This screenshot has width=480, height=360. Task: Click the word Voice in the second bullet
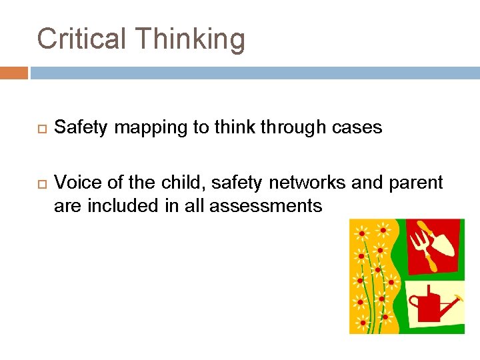77,182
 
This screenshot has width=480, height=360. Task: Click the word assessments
265,207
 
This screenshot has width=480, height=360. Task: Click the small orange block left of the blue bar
13,72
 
